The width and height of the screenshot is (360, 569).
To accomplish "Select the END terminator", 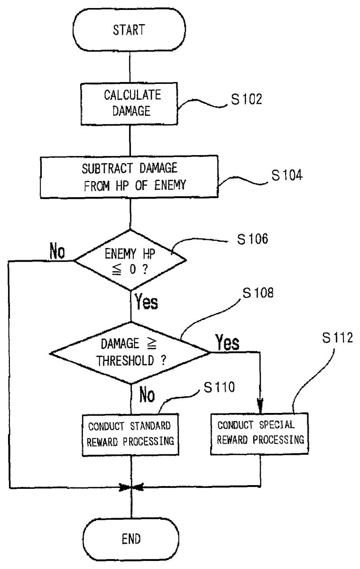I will tap(130, 539).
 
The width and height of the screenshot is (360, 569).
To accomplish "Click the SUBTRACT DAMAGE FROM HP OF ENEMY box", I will tap(129, 178).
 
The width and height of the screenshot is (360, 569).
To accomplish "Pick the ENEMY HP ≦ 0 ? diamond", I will tap(130, 260).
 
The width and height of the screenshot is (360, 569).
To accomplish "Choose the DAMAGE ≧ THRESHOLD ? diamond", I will tap(129, 352).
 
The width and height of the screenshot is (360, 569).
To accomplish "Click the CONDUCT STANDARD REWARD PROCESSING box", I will tap(129, 432).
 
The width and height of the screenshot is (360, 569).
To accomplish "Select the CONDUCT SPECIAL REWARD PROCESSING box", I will tap(260, 432).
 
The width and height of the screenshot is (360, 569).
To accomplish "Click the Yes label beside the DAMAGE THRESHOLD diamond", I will tap(227, 342).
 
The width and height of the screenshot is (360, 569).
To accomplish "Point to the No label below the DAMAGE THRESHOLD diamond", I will tap(146, 395).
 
